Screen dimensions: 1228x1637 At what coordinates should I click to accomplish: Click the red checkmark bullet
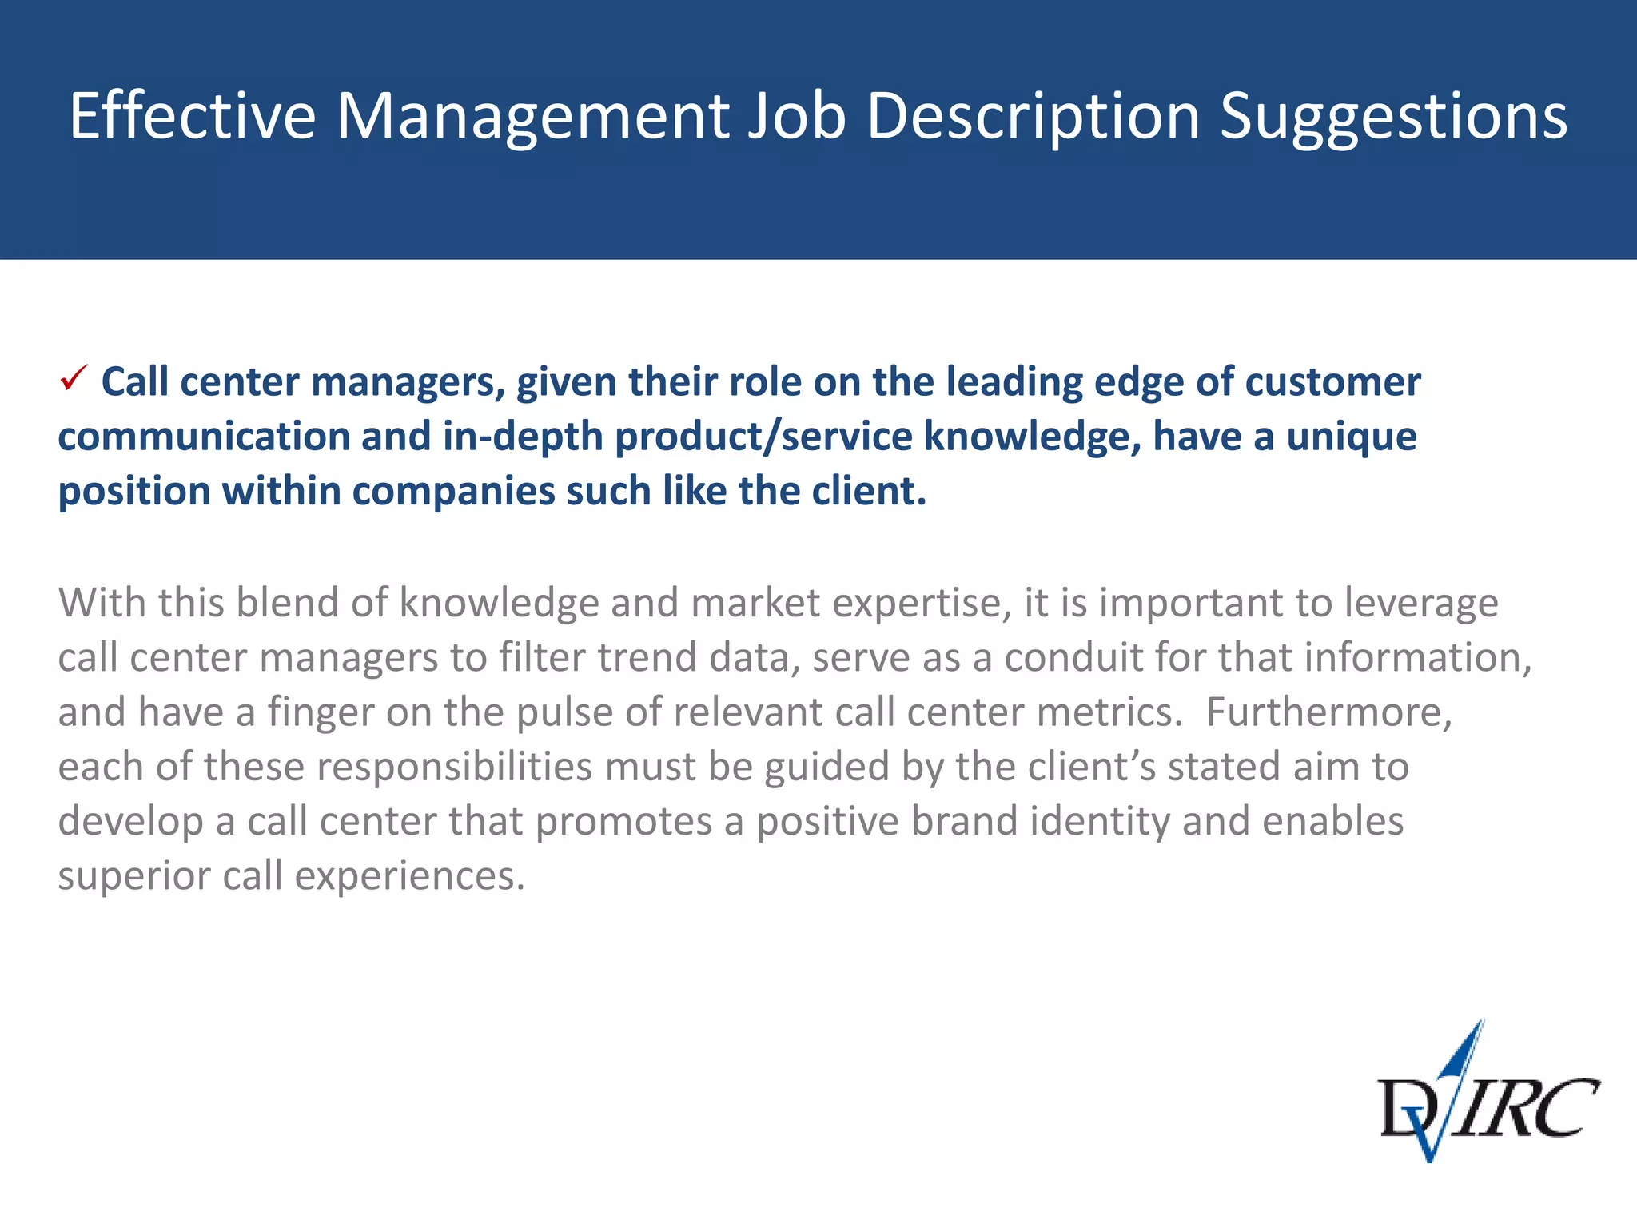coord(74,378)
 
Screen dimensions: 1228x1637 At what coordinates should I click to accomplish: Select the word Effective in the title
coord(192,117)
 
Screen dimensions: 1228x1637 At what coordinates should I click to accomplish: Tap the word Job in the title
coord(796,117)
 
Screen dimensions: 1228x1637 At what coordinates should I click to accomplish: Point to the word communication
coord(203,437)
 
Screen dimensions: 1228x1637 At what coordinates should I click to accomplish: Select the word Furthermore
coord(1328,712)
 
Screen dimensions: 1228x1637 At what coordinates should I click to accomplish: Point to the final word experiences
coord(409,875)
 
